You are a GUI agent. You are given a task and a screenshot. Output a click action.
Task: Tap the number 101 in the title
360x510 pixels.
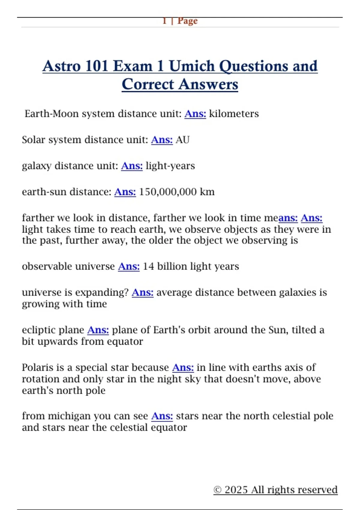[x=96, y=66]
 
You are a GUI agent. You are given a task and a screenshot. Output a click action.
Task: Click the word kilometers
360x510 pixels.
[x=234, y=114]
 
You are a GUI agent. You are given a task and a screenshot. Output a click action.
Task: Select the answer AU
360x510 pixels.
[x=182, y=140]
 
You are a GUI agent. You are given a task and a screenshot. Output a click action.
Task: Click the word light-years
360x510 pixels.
[x=170, y=166]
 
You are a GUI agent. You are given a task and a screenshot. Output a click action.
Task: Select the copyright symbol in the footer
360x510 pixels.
[x=217, y=490]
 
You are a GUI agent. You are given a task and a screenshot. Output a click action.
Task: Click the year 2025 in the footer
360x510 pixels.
[x=236, y=490]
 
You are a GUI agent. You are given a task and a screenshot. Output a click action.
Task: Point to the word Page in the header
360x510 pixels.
[x=187, y=21]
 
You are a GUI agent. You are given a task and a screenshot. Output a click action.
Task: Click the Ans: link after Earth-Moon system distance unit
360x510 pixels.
[x=195, y=114]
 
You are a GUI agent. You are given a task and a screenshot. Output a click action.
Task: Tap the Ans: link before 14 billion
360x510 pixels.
[x=129, y=266]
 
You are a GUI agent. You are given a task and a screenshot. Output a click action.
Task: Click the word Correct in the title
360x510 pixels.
[x=148, y=84]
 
